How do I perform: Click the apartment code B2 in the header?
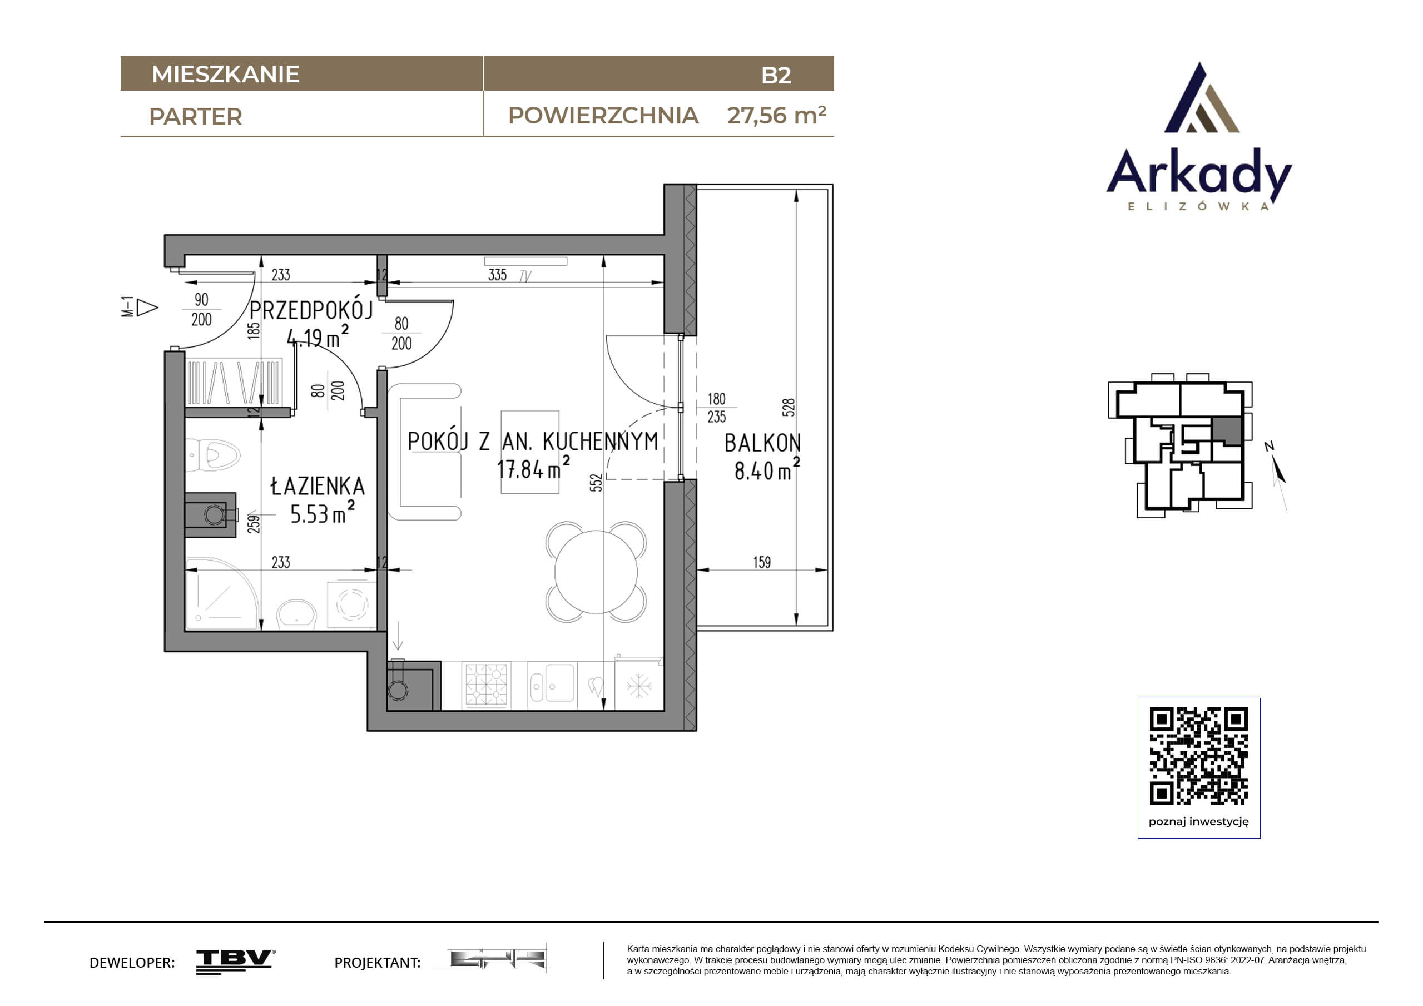[x=776, y=75]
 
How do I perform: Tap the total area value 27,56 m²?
[x=777, y=115]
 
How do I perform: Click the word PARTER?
[x=195, y=117]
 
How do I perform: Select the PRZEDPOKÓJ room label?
[x=311, y=310]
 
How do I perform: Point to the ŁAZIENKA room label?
[x=318, y=485]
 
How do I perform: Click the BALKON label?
[x=763, y=443]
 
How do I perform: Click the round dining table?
[x=596, y=572]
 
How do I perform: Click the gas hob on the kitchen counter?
[x=487, y=685]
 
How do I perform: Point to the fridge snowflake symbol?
[x=639, y=686]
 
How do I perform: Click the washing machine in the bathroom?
[x=351, y=604]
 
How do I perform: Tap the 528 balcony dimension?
[x=789, y=407]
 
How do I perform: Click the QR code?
[x=1199, y=756]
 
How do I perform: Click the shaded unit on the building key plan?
[x=1227, y=430]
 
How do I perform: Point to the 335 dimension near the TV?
[x=498, y=275]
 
